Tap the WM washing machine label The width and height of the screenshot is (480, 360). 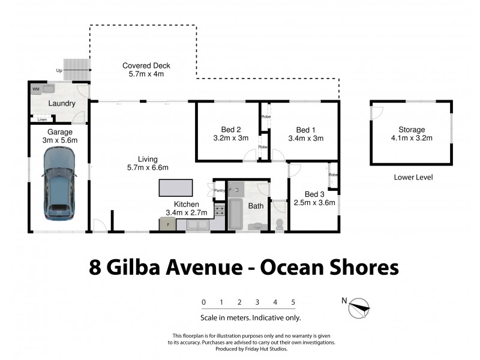point(36,89)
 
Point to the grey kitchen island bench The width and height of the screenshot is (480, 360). point(176,188)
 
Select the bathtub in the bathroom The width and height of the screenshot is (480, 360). point(235,215)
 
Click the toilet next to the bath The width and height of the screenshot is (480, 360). point(279,223)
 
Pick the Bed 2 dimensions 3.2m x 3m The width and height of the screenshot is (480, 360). point(230,138)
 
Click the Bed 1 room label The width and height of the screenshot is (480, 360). point(305,130)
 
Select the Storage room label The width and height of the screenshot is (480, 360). point(411,130)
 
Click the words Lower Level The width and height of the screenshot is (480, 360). point(413,177)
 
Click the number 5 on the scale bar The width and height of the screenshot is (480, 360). point(293,302)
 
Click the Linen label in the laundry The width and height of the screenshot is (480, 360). point(42,119)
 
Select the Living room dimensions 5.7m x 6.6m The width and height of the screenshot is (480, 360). point(147,167)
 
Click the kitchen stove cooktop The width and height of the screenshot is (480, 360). point(220,210)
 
